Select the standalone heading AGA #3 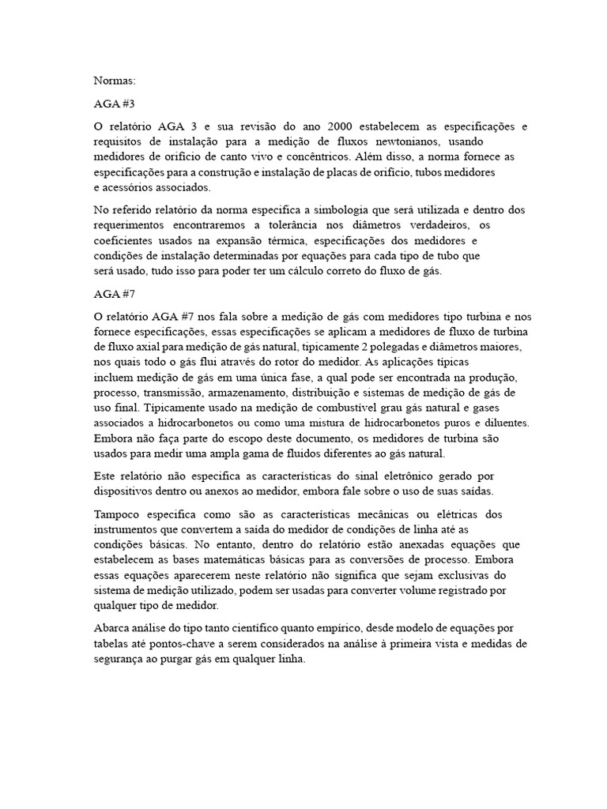click(112, 103)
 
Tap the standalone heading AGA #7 click(112, 294)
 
